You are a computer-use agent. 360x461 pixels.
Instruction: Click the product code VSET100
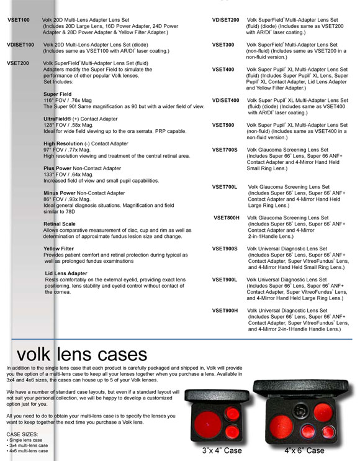click(19, 21)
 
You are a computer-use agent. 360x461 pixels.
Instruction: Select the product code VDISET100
click(20, 45)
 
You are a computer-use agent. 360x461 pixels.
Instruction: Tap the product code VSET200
click(19, 63)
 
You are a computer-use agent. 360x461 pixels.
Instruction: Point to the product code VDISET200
click(225, 21)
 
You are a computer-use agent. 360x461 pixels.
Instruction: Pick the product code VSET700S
click(225, 150)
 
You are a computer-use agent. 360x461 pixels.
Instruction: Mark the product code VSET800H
click(226, 218)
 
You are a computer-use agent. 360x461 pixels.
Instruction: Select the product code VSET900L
click(225, 280)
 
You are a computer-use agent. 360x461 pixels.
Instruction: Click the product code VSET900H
click(225, 310)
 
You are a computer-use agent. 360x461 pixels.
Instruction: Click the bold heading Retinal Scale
click(60, 224)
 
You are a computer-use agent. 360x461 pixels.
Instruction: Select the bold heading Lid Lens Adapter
click(66, 273)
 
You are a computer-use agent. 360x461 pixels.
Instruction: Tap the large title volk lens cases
click(81, 355)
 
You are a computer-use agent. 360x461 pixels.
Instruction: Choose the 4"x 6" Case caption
click(304, 450)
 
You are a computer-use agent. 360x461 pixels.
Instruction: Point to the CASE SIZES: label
click(21, 434)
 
